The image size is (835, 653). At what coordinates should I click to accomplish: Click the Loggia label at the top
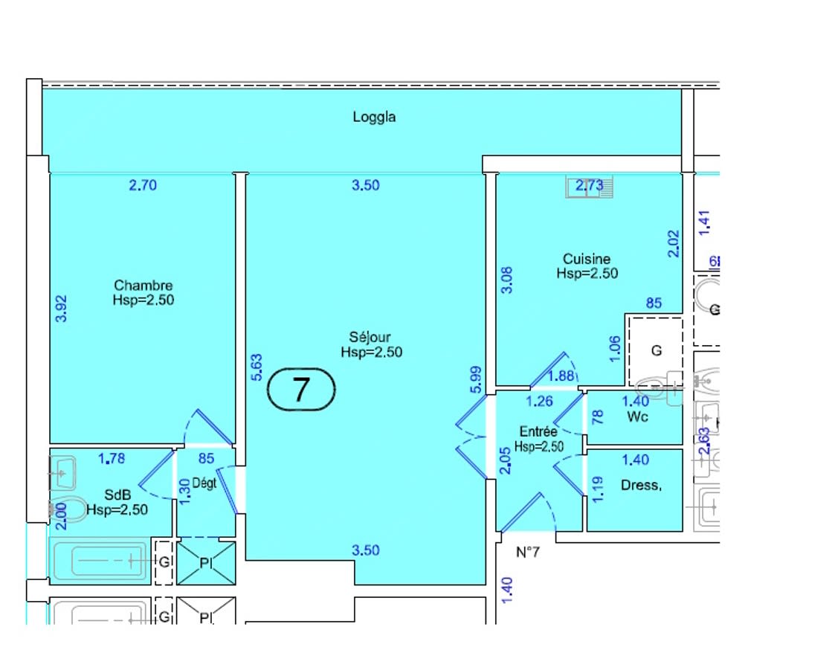click(374, 117)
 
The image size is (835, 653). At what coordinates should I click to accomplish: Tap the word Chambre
click(144, 286)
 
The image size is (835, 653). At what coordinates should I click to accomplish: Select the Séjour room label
click(371, 338)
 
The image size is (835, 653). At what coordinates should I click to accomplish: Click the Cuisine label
click(587, 259)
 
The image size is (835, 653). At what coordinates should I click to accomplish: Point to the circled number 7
click(300, 389)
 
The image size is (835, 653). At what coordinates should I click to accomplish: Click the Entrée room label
click(538, 431)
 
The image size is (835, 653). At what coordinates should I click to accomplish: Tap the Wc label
click(637, 416)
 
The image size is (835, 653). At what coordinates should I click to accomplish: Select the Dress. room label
click(640, 486)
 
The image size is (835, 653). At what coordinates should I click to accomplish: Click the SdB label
click(117, 495)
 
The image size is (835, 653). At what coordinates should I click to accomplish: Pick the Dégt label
click(204, 483)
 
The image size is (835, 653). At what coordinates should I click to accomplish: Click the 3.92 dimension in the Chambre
click(62, 309)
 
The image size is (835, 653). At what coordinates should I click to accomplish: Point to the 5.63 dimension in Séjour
click(257, 367)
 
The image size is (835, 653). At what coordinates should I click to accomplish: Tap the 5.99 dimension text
click(477, 379)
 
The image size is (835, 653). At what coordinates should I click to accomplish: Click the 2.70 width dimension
click(143, 185)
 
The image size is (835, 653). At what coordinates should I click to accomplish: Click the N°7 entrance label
click(527, 553)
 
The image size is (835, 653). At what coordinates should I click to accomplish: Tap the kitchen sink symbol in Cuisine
click(590, 187)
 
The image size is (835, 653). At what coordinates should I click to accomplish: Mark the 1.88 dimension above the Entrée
click(561, 377)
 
